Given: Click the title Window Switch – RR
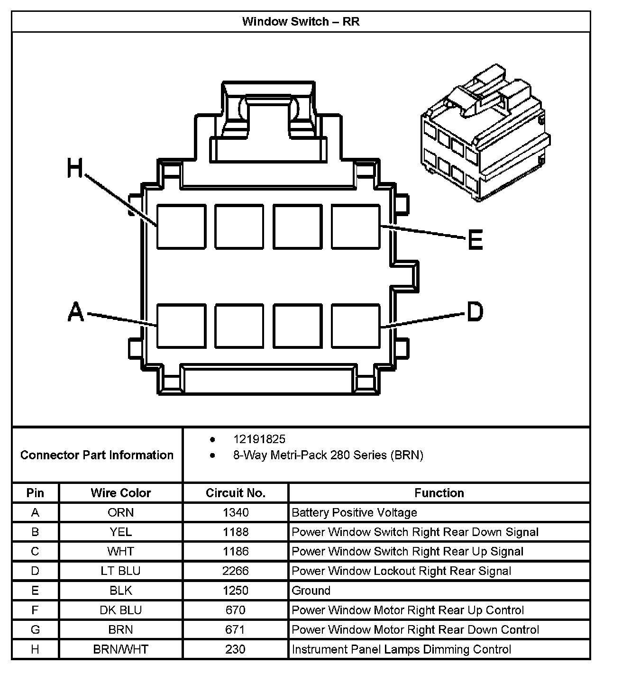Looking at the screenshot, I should point(301,22).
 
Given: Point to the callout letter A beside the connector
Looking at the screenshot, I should point(76,312).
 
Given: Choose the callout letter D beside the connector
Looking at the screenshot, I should point(475,311).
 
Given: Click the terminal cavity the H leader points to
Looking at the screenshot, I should point(181,227).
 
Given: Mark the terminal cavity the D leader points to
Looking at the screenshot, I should point(356,326).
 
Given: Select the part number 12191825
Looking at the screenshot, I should point(259,439).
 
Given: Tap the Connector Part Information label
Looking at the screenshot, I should point(97,455).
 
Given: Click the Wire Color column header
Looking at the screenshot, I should point(120,493).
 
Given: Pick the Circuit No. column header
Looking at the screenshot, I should point(236,493).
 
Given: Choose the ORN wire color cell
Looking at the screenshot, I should point(120,512).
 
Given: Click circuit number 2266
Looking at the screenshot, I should point(236,571).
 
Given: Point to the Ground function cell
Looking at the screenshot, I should point(311,591).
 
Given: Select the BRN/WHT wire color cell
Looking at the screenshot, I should point(120,649).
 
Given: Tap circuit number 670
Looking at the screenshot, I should point(236,610).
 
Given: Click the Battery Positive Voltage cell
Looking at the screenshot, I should point(354,512).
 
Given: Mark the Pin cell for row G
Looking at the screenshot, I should point(35,629).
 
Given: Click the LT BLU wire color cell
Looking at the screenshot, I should point(120,571).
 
